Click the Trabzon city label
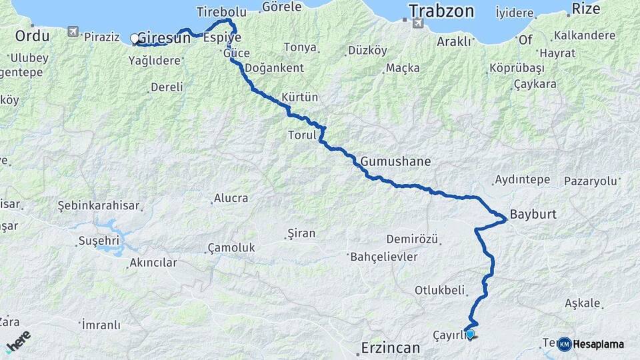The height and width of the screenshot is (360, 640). [441, 11]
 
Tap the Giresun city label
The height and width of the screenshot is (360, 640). [164, 39]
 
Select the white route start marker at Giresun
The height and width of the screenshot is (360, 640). [135, 39]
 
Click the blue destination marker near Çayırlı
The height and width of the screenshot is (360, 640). [470, 333]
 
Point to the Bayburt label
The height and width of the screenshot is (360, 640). [533, 215]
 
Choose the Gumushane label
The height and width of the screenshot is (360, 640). [396, 161]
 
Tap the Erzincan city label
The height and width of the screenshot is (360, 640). [391, 347]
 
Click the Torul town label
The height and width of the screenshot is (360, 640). [300, 135]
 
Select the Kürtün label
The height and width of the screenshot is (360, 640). [300, 97]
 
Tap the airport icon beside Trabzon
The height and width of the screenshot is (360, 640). [418, 23]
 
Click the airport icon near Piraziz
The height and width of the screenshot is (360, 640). [73, 31]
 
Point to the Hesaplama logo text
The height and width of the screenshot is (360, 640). [598, 345]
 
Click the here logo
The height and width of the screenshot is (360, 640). [18, 341]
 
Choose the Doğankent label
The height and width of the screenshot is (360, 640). [274, 68]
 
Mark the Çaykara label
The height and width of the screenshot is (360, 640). [535, 85]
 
